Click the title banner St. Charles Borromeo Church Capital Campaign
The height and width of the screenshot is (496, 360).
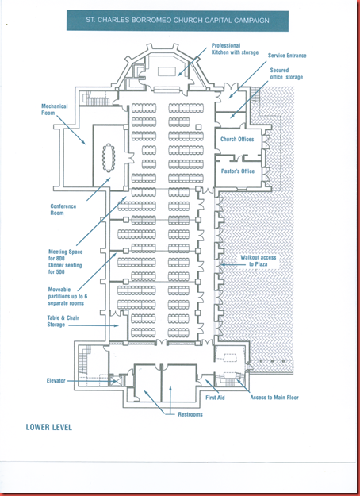(x=178, y=21)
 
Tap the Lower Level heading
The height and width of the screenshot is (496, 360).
(x=49, y=427)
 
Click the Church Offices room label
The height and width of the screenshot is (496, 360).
(x=237, y=139)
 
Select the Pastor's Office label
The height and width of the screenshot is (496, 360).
(x=238, y=171)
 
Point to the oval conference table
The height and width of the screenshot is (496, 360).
(x=109, y=158)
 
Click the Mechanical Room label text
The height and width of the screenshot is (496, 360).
(x=55, y=110)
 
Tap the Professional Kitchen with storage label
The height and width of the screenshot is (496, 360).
(x=235, y=49)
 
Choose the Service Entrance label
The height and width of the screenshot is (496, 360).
(x=287, y=56)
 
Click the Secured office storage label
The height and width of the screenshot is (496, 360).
(x=286, y=74)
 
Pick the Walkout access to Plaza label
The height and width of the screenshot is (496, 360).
(x=259, y=260)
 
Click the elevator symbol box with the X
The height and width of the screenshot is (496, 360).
(x=116, y=381)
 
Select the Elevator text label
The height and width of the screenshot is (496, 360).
(x=56, y=381)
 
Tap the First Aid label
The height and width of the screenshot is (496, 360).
(x=215, y=398)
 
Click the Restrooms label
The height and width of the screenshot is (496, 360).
(x=190, y=414)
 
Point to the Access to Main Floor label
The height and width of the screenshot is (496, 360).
(x=274, y=398)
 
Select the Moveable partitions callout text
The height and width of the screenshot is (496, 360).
(x=67, y=296)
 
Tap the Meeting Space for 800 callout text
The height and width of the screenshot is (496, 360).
(x=65, y=262)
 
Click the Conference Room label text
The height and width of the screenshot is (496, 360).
(x=63, y=210)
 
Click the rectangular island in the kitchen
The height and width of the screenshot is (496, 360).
(x=167, y=71)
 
